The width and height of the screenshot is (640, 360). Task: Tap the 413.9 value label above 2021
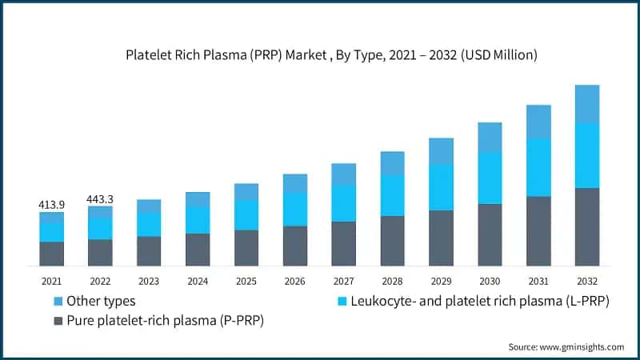click(x=51, y=205)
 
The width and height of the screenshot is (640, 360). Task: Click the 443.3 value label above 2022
click(x=100, y=198)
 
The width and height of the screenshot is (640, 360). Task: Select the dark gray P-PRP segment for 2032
click(x=587, y=227)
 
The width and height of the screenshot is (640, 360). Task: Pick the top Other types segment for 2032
click(x=587, y=104)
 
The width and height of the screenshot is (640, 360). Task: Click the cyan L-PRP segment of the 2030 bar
click(x=490, y=178)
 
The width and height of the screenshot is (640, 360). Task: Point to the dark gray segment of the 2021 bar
click(x=51, y=254)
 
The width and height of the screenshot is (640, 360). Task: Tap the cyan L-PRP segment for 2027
click(x=343, y=203)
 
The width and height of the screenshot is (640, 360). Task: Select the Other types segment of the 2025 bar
click(x=246, y=192)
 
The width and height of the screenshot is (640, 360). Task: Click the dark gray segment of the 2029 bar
click(x=441, y=238)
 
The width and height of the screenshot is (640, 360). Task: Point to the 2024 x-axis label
click(x=198, y=282)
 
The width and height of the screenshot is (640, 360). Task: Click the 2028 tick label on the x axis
click(x=392, y=282)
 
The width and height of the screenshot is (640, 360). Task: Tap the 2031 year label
click(x=538, y=282)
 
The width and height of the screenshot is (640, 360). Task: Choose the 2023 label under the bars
click(x=149, y=282)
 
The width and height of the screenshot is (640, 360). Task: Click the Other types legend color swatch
click(x=58, y=302)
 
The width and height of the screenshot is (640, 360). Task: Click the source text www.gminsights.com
click(x=566, y=347)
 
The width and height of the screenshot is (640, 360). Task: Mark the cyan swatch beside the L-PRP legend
click(x=342, y=302)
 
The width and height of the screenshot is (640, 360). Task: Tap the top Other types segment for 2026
click(x=294, y=183)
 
